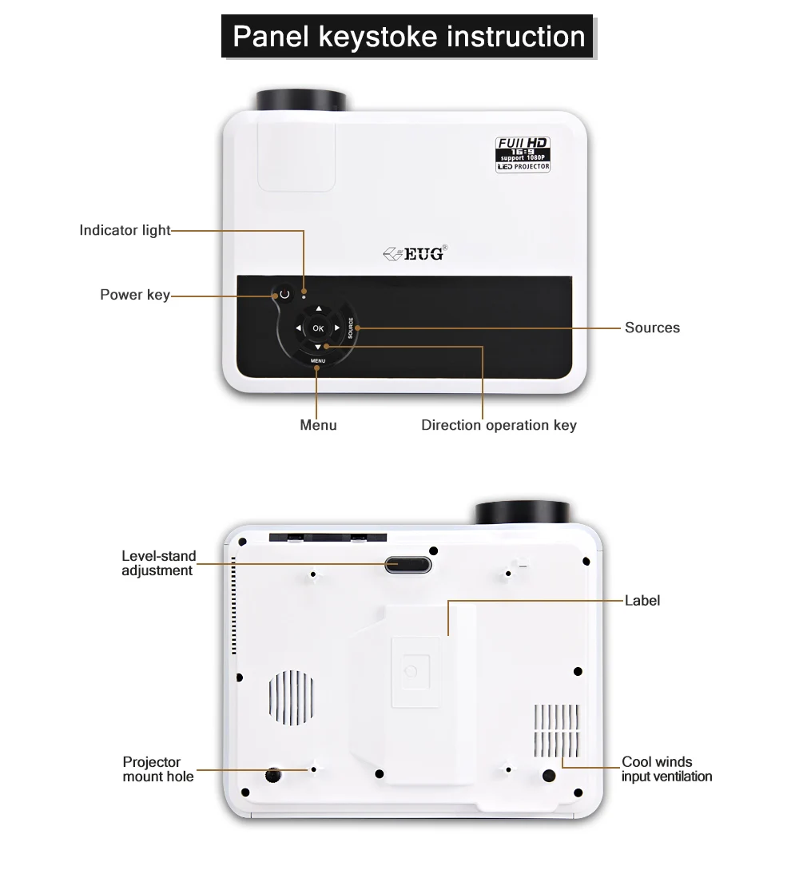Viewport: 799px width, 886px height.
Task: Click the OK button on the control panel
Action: coord(318,328)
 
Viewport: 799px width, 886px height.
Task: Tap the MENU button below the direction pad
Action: coord(318,361)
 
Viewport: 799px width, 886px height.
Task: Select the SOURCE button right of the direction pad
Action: coord(351,328)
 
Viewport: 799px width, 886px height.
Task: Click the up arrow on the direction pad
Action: coord(318,309)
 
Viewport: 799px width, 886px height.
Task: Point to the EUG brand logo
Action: coord(415,255)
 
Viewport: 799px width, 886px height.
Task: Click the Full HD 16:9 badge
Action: coord(523,155)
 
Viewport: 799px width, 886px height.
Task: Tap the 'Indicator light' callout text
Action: coord(125,231)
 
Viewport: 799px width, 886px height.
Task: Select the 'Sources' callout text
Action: coord(652,328)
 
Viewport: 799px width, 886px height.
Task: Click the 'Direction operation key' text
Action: coord(499,425)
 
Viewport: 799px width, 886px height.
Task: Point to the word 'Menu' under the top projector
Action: coord(318,425)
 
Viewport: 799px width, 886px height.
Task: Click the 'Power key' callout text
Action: coord(134,295)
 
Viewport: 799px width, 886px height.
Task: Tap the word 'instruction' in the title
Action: coord(515,37)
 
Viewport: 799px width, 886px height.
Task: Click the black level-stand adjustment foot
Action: coord(407,564)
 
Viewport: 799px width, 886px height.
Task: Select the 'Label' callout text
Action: coord(642,600)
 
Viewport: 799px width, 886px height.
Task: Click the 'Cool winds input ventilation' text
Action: coord(666,769)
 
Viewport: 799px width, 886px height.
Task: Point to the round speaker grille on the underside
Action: coord(290,697)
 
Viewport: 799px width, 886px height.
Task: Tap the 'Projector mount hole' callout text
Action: coord(158,769)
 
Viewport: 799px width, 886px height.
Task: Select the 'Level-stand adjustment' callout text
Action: coord(157,563)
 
